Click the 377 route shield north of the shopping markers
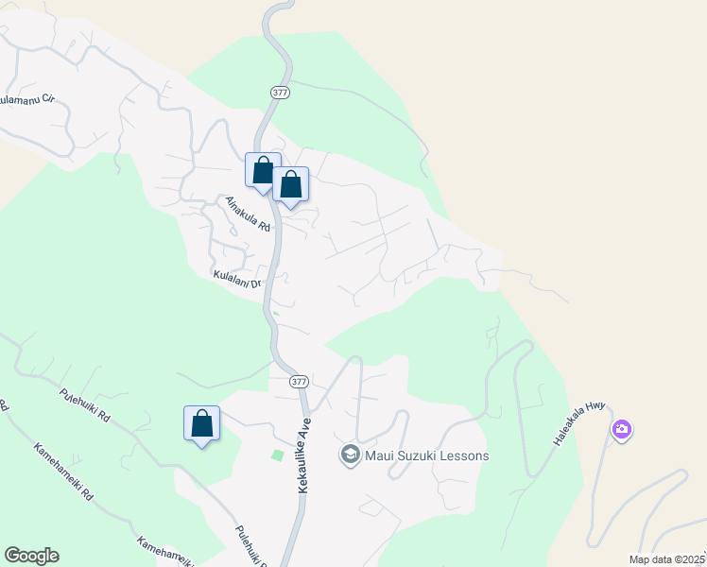279,93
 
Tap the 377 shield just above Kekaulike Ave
299,381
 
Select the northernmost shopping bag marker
263,171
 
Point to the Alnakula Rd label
249,215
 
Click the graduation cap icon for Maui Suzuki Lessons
350,455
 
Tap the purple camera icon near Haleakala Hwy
621,430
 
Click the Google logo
31,555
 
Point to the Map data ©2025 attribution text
667,559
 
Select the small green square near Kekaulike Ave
277,455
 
